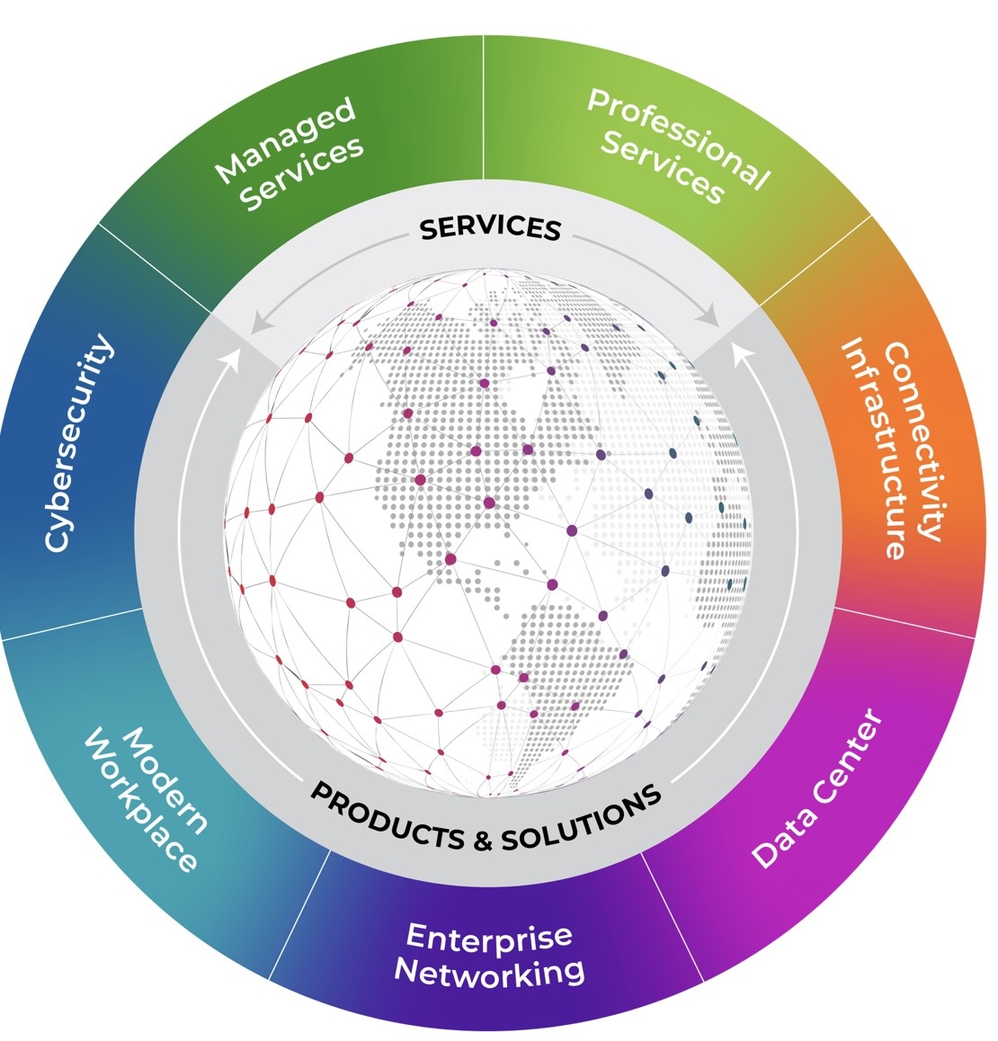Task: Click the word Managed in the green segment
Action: pyautogui.click(x=286, y=140)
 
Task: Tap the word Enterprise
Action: pyautogui.click(x=489, y=937)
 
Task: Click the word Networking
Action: pyautogui.click(x=490, y=972)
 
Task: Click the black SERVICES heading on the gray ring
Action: pyautogui.click(x=490, y=228)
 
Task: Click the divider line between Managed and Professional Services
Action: pyautogui.click(x=485, y=108)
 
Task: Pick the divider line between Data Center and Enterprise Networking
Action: pyautogui.click(x=673, y=917)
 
